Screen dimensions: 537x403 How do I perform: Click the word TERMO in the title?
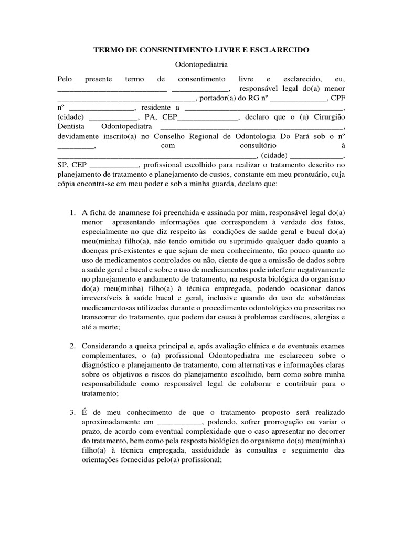(108, 50)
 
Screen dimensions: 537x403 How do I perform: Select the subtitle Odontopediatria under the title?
(201, 65)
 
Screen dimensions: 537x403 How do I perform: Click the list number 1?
(72, 213)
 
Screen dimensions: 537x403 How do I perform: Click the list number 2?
(72, 346)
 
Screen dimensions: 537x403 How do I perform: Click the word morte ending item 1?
(110, 327)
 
